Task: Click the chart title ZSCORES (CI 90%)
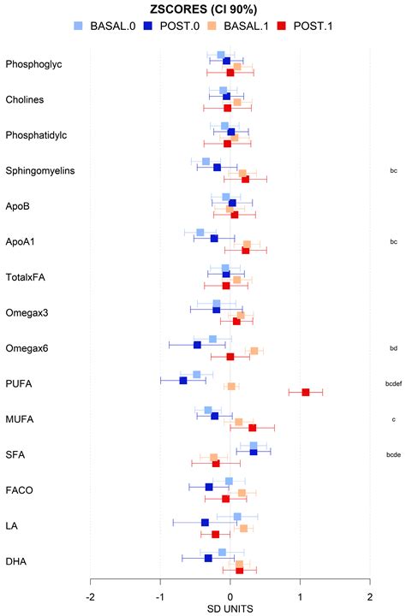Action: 203,9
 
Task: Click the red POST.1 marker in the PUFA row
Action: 306,392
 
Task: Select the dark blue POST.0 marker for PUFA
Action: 183,380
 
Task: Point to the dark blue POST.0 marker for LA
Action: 206,522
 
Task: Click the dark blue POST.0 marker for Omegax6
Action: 197,345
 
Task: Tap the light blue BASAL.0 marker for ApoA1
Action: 200,233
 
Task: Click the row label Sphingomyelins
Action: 40,170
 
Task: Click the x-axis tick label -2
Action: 91,596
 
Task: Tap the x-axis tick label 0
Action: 230,596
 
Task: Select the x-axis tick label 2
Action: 369,596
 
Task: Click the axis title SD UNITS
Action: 230,608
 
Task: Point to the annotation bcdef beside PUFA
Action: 393,384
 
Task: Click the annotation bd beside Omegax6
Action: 393,348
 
